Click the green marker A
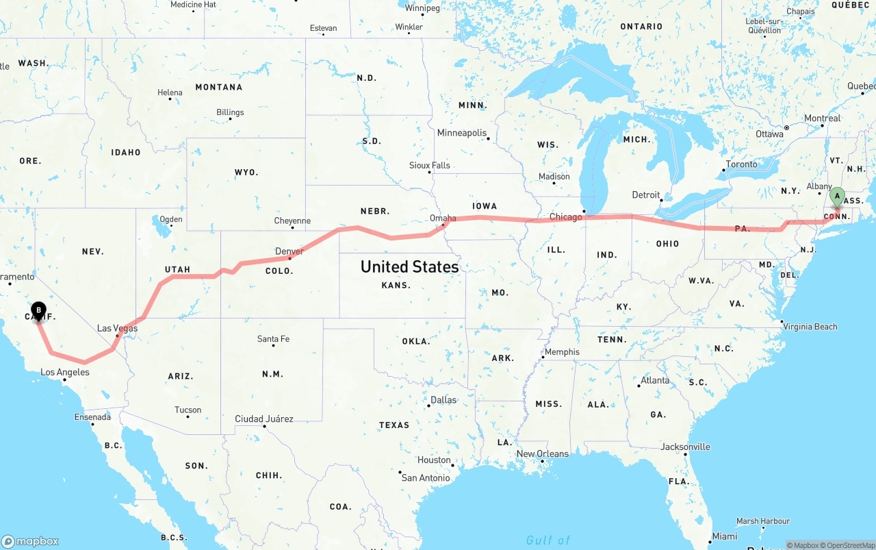836,197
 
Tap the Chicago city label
565,217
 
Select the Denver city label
289,251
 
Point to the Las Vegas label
117,328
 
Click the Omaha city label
443,218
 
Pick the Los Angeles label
64,373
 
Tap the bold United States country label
409,266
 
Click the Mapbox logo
30,541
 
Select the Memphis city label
562,352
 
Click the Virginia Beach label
810,327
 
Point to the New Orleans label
542,453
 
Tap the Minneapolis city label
462,133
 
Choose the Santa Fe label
273,338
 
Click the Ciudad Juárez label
263,418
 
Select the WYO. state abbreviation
246,173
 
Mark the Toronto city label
741,164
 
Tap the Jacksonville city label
685,447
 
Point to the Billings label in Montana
230,112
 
